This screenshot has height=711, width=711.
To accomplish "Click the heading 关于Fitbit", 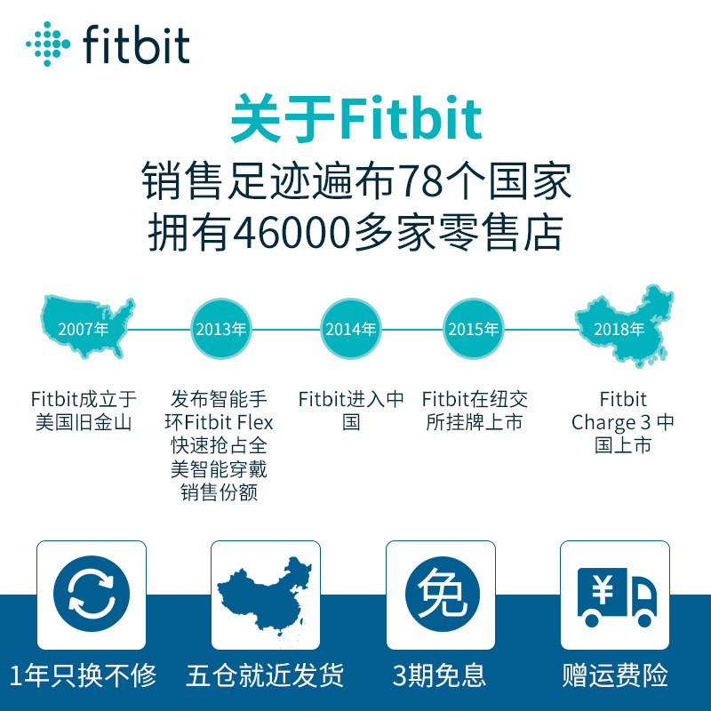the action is coord(355,121).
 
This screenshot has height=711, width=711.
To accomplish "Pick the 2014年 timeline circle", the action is coord(350,329).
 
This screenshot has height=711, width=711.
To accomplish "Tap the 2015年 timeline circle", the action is coord(473,329).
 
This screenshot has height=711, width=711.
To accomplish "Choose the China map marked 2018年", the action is coord(621,327).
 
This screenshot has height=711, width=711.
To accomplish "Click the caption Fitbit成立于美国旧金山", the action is coord(84,411).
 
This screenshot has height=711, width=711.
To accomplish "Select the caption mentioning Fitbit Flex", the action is coord(220,445).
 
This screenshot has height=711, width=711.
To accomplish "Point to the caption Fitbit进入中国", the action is coord(351,411).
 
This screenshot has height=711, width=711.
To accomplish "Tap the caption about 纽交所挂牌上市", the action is coord(474,411).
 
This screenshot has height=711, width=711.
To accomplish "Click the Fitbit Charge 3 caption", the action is coord(622,422).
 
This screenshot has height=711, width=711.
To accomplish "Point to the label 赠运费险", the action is coord(615,675).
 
